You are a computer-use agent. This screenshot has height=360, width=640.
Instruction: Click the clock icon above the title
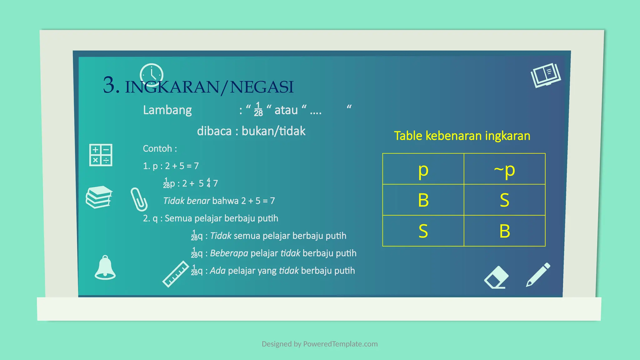[x=152, y=75]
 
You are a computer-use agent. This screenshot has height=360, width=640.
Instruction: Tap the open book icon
[x=546, y=75]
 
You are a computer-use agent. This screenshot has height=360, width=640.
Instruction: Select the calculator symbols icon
[x=101, y=155]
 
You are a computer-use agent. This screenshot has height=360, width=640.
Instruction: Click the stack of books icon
[x=99, y=197]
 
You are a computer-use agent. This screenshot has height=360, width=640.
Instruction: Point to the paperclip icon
[x=139, y=199]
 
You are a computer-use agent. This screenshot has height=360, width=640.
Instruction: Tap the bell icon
[x=105, y=268]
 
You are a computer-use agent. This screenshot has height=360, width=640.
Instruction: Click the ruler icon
[x=176, y=274]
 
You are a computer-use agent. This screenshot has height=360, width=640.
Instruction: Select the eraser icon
[x=496, y=277]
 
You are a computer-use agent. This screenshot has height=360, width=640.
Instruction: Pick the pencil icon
[x=538, y=275]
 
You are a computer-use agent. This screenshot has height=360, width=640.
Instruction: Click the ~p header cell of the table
[x=504, y=169]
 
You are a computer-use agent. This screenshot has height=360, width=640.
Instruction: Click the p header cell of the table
[x=423, y=169]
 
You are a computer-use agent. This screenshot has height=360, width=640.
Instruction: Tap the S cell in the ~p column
[x=504, y=200]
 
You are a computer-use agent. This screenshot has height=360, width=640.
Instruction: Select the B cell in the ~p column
[x=504, y=231]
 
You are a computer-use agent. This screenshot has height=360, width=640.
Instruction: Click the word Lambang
[x=167, y=110]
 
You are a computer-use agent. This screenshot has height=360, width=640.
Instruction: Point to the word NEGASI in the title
[x=262, y=87]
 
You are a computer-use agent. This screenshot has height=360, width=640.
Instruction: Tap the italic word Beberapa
[x=229, y=253]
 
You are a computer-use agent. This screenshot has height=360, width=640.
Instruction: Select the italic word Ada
[x=217, y=271]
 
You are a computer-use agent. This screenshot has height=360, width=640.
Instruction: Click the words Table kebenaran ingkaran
[x=462, y=136]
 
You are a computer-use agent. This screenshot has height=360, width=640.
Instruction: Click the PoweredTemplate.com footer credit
[x=319, y=344]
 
